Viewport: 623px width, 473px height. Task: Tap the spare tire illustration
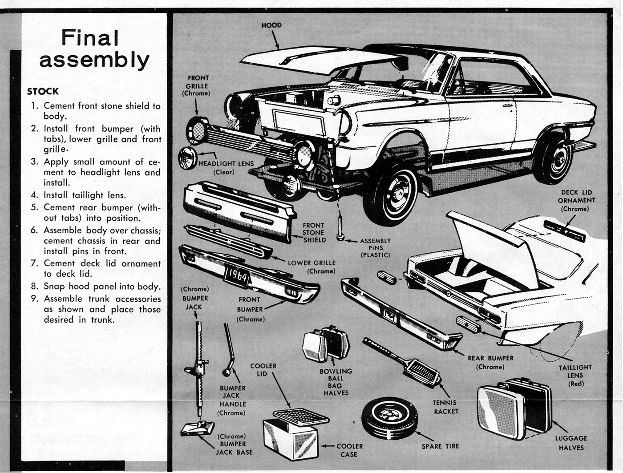(389, 418)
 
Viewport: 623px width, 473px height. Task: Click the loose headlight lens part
(187, 158)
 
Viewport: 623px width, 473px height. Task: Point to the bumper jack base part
(198, 428)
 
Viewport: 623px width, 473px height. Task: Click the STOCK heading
(43, 91)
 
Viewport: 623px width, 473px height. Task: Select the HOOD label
(271, 25)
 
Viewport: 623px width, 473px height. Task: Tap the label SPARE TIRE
(440, 446)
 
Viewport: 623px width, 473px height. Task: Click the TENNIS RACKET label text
(445, 407)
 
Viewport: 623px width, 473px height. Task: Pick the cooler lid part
(301, 416)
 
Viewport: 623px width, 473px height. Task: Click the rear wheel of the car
(553, 158)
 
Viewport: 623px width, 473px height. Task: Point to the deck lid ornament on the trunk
(564, 230)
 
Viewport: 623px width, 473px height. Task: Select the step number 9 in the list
(35, 299)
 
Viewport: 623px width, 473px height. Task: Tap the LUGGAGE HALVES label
(571, 443)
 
